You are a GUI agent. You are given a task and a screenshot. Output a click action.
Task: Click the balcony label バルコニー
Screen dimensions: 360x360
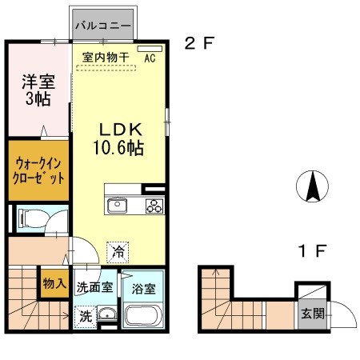(103, 26)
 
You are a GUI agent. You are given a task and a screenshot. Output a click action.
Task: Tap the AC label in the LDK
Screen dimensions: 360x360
(150, 57)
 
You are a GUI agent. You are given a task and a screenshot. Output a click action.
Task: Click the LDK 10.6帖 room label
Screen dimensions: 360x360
(121, 138)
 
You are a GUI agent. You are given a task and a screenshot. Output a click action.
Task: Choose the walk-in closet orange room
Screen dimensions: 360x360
(38, 170)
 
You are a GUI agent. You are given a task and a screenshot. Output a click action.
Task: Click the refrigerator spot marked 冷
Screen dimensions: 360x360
(118, 250)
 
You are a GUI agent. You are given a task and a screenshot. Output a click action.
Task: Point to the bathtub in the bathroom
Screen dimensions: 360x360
(145, 316)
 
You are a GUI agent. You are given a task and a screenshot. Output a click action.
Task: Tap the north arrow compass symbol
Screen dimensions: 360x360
(313, 187)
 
